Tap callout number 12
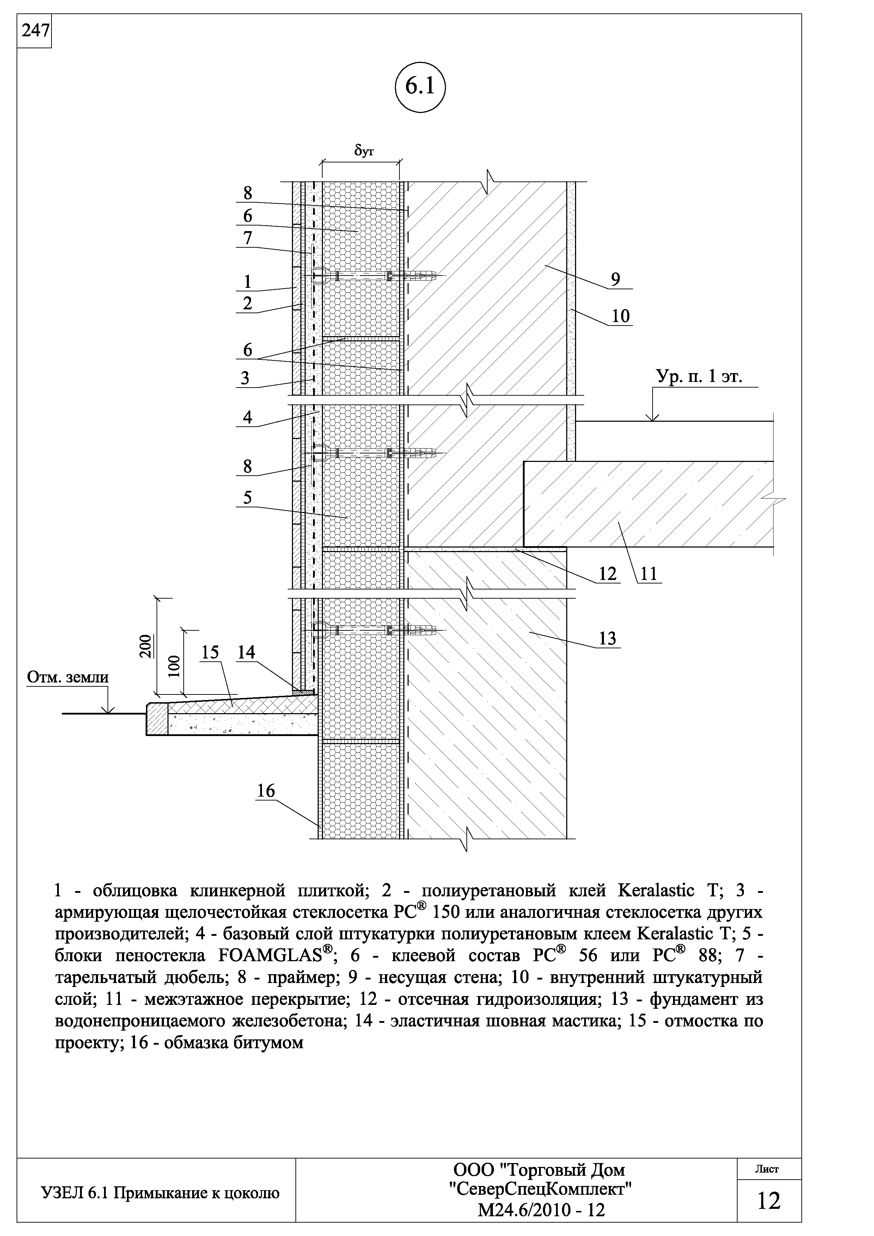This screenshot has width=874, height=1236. click(x=607, y=574)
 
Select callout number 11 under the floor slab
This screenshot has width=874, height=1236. click(x=649, y=574)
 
